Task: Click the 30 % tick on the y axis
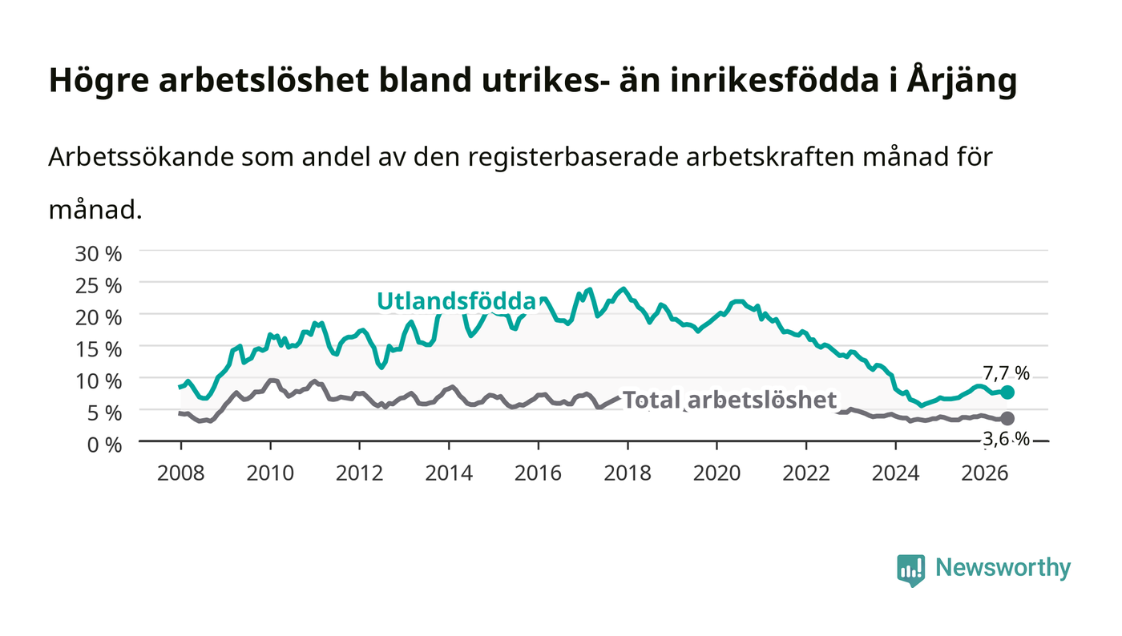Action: click(98, 254)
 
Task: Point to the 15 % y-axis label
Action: click(98, 349)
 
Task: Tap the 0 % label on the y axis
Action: click(104, 445)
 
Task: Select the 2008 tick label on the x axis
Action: click(181, 473)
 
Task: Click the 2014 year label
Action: click(449, 473)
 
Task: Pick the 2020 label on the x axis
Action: click(716, 473)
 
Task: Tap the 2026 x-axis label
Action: click(985, 473)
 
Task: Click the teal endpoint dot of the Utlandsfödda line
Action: click(1007, 392)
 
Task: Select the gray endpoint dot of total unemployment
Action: click(1007, 418)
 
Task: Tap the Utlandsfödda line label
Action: click(456, 301)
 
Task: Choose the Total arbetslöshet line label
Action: click(729, 401)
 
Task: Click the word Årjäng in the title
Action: click(962, 81)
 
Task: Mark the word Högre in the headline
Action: click(99, 81)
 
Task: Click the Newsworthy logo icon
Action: click(911, 570)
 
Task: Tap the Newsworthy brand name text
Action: click(1003, 568)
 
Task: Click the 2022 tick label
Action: click(806, 473)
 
